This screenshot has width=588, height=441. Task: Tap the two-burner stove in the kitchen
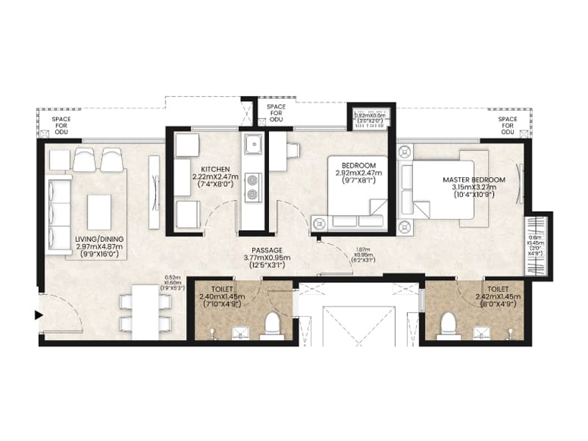point(254,187)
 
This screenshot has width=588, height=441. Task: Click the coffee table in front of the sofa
point(98,212)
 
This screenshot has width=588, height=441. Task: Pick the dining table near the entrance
point(145,312)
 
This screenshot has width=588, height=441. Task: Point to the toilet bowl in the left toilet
point(272,324)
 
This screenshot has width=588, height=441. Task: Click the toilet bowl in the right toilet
point(447,326)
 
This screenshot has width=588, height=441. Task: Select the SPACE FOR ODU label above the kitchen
point(276,113)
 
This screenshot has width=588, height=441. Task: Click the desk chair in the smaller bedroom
point(293,151)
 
